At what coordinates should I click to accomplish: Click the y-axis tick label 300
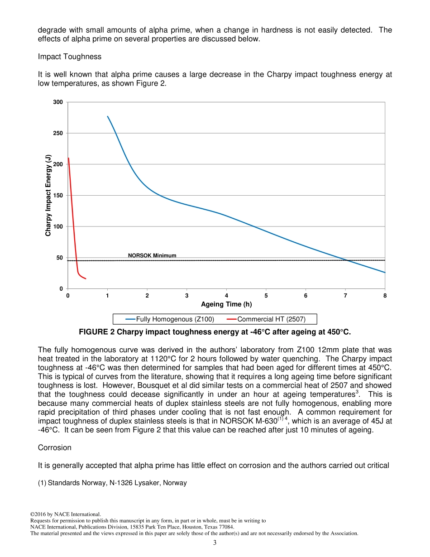58,102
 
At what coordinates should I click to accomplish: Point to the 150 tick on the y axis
58,196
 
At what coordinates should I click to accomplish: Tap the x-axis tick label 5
266,296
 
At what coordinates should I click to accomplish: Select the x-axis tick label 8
385,296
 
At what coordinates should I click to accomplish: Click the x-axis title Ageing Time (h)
226,304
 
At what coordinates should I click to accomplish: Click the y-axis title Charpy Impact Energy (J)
48,196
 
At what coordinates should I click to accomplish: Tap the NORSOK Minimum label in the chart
152,255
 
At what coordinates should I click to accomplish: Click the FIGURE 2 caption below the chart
215,332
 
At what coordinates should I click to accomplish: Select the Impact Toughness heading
70,57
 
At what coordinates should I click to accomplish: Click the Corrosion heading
54,447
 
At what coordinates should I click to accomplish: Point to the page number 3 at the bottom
215,543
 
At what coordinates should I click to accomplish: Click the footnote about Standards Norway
112,483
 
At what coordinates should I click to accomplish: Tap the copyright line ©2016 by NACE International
65,514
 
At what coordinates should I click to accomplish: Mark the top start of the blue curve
108,116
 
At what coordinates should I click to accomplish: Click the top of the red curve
68,158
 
